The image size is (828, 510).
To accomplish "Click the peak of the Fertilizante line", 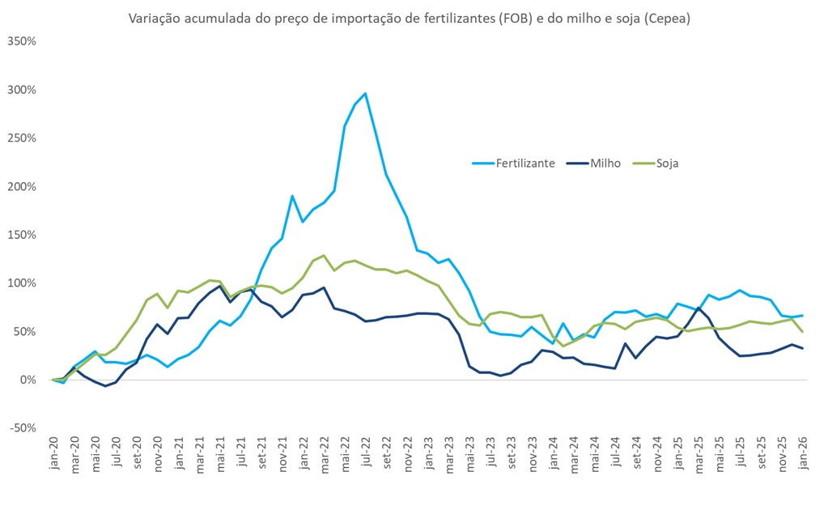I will point(365,93).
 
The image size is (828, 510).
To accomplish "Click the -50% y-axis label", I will point(23,428).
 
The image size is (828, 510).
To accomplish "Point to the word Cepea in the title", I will point(668,18).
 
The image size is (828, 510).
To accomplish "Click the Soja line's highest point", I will point(324,255).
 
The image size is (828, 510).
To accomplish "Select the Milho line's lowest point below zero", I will point(105,386).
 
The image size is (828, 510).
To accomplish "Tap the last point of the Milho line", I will point(802,348).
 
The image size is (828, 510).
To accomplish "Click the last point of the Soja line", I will point(802,331).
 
